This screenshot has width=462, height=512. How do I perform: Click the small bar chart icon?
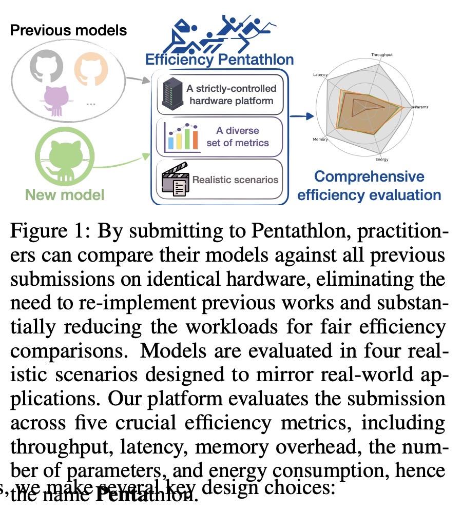point(181,137)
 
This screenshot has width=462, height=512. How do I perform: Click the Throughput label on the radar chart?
point(382,54)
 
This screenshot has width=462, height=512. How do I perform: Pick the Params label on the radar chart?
point(421,107)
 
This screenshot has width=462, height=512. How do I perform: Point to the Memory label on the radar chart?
point(320,140)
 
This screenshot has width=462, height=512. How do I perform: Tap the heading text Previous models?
point(68,30)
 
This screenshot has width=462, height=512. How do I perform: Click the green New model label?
point(65,195)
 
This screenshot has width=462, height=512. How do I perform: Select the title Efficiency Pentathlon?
point(219,60)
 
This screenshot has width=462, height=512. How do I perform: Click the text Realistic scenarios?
point(235,180)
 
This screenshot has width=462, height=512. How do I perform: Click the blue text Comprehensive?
point(369,176)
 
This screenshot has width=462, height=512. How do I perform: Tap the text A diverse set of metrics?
point(237,136)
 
